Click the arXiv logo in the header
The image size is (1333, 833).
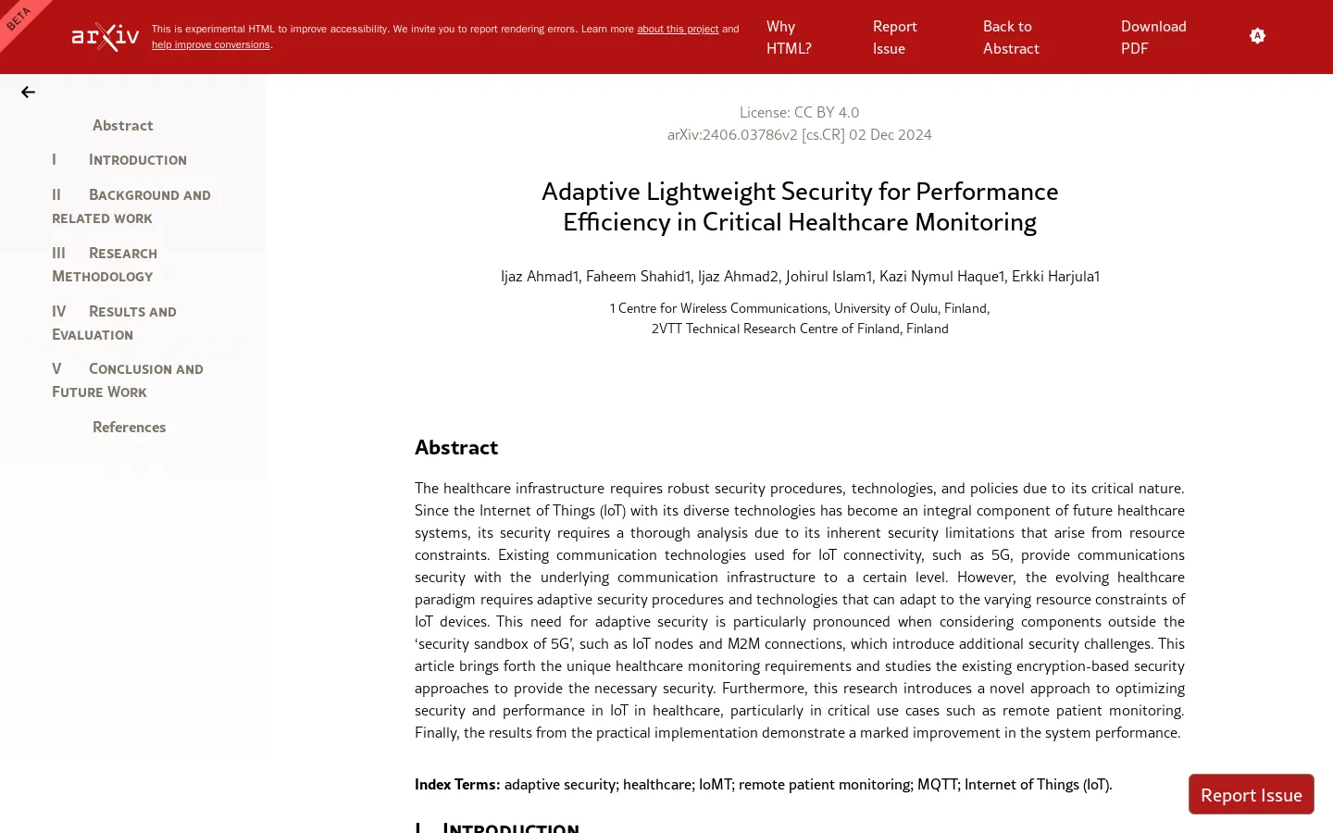pos(106,37)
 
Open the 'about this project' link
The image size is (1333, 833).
pos(677,29)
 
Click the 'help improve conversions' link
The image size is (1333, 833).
pos(210,44)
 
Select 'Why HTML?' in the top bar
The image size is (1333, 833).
pos(788,37)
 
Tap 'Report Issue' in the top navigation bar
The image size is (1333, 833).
pos(894,37)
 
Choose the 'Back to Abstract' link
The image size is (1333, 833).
pos(1010,37)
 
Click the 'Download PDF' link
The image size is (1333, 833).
pos(1152,37)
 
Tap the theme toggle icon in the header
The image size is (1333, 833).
pos(1257,36)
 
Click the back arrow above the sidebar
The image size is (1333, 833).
pos(28,93)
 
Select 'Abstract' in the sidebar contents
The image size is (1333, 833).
pos(122,125)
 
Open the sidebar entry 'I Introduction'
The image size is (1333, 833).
pos(137,160)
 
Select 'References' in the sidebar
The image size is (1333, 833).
pos(129,427)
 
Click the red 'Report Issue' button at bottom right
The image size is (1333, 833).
pos(1251,795)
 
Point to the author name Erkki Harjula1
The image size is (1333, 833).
pos(1055,276)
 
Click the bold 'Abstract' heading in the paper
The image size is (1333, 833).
pos(456,447)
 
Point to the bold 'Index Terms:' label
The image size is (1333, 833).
pos(457,784)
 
